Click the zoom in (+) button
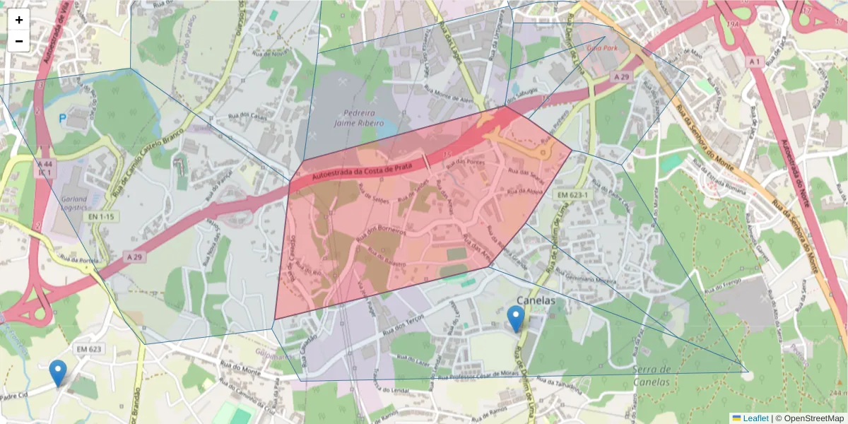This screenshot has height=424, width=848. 19,20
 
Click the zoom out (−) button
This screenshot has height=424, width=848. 19,41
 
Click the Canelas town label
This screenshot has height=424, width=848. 536,301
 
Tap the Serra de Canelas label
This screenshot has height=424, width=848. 652,376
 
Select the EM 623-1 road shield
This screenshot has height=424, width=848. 572,194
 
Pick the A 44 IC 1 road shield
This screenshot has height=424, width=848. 45,167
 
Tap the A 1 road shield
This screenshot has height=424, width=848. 754,62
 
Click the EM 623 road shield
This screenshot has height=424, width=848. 90,349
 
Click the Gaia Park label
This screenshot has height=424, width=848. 602,48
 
